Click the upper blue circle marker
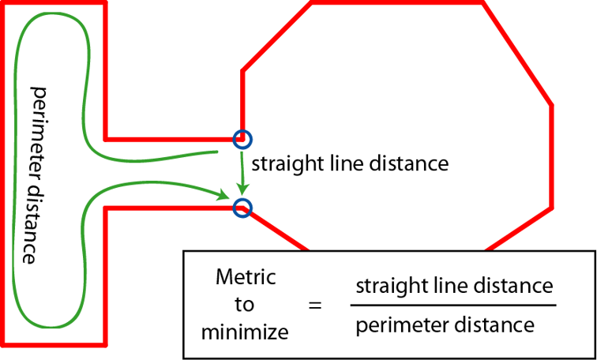tap(242, 139)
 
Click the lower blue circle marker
tap(242, 208)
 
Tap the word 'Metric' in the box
tap(246, 277)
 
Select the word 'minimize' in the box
tap(245, 332)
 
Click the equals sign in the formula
tap(315, 304)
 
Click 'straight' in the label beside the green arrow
tap(277, 164)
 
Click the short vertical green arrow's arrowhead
tap(243, 190)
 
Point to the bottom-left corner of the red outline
tap(4, 344)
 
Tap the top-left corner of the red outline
tap(4, 4)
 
